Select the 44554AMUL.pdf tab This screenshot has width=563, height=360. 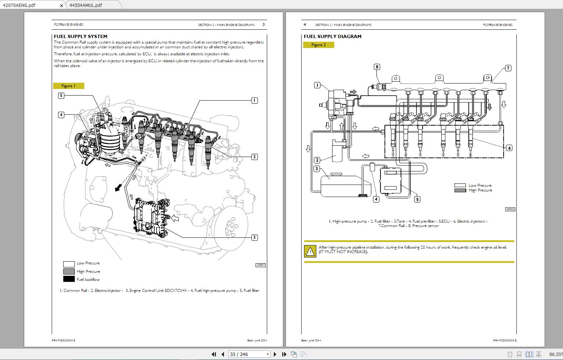coord(86,5)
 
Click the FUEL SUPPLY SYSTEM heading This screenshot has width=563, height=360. coord(80,36)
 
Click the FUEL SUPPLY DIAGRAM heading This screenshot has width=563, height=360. coord(332,36)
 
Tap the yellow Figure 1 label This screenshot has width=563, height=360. coord(69,86)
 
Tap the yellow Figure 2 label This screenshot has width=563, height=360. coord(319,45)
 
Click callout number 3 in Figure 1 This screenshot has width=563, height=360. coord(254,237)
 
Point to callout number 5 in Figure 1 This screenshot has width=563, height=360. coord(61,96)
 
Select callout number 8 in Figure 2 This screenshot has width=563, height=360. coord(377,67)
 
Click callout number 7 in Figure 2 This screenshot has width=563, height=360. coord(508,68)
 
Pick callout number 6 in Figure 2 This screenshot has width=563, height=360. coord(509,148)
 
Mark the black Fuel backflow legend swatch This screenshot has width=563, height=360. coord(69,279)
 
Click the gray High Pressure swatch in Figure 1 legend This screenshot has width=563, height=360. coord(69,271)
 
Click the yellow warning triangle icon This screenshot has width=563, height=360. coord(310,251)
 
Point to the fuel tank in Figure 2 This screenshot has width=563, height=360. coord(341,186)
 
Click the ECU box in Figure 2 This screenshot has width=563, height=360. coord(390,181)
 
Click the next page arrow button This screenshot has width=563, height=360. coord(275,354)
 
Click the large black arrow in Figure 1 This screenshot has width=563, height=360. coord(118,188)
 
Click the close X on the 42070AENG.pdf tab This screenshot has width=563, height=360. coord(61,5)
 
